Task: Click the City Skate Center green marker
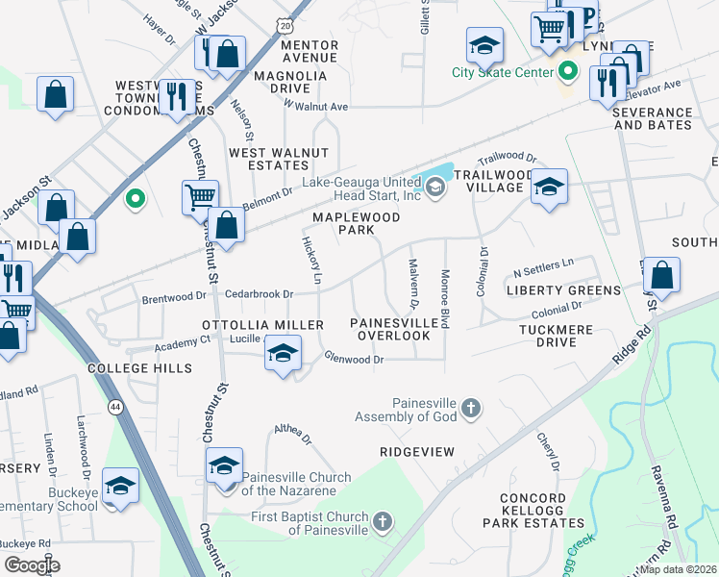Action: coord(567,72)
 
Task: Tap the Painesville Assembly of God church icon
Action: coord(470,409)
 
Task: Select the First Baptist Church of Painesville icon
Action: coord(383,522)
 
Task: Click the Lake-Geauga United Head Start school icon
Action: coord(435,188)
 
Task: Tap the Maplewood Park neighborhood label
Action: coord(356,224)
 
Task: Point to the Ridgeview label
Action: coord(415,451)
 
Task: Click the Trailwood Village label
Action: coord(492,181)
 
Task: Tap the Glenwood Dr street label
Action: coord(354,360)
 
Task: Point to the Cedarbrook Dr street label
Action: coord(259,294)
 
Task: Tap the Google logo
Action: coord(32,565)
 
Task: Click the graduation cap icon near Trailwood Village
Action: coord(550,186)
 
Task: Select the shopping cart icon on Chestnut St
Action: coord(200,197)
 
